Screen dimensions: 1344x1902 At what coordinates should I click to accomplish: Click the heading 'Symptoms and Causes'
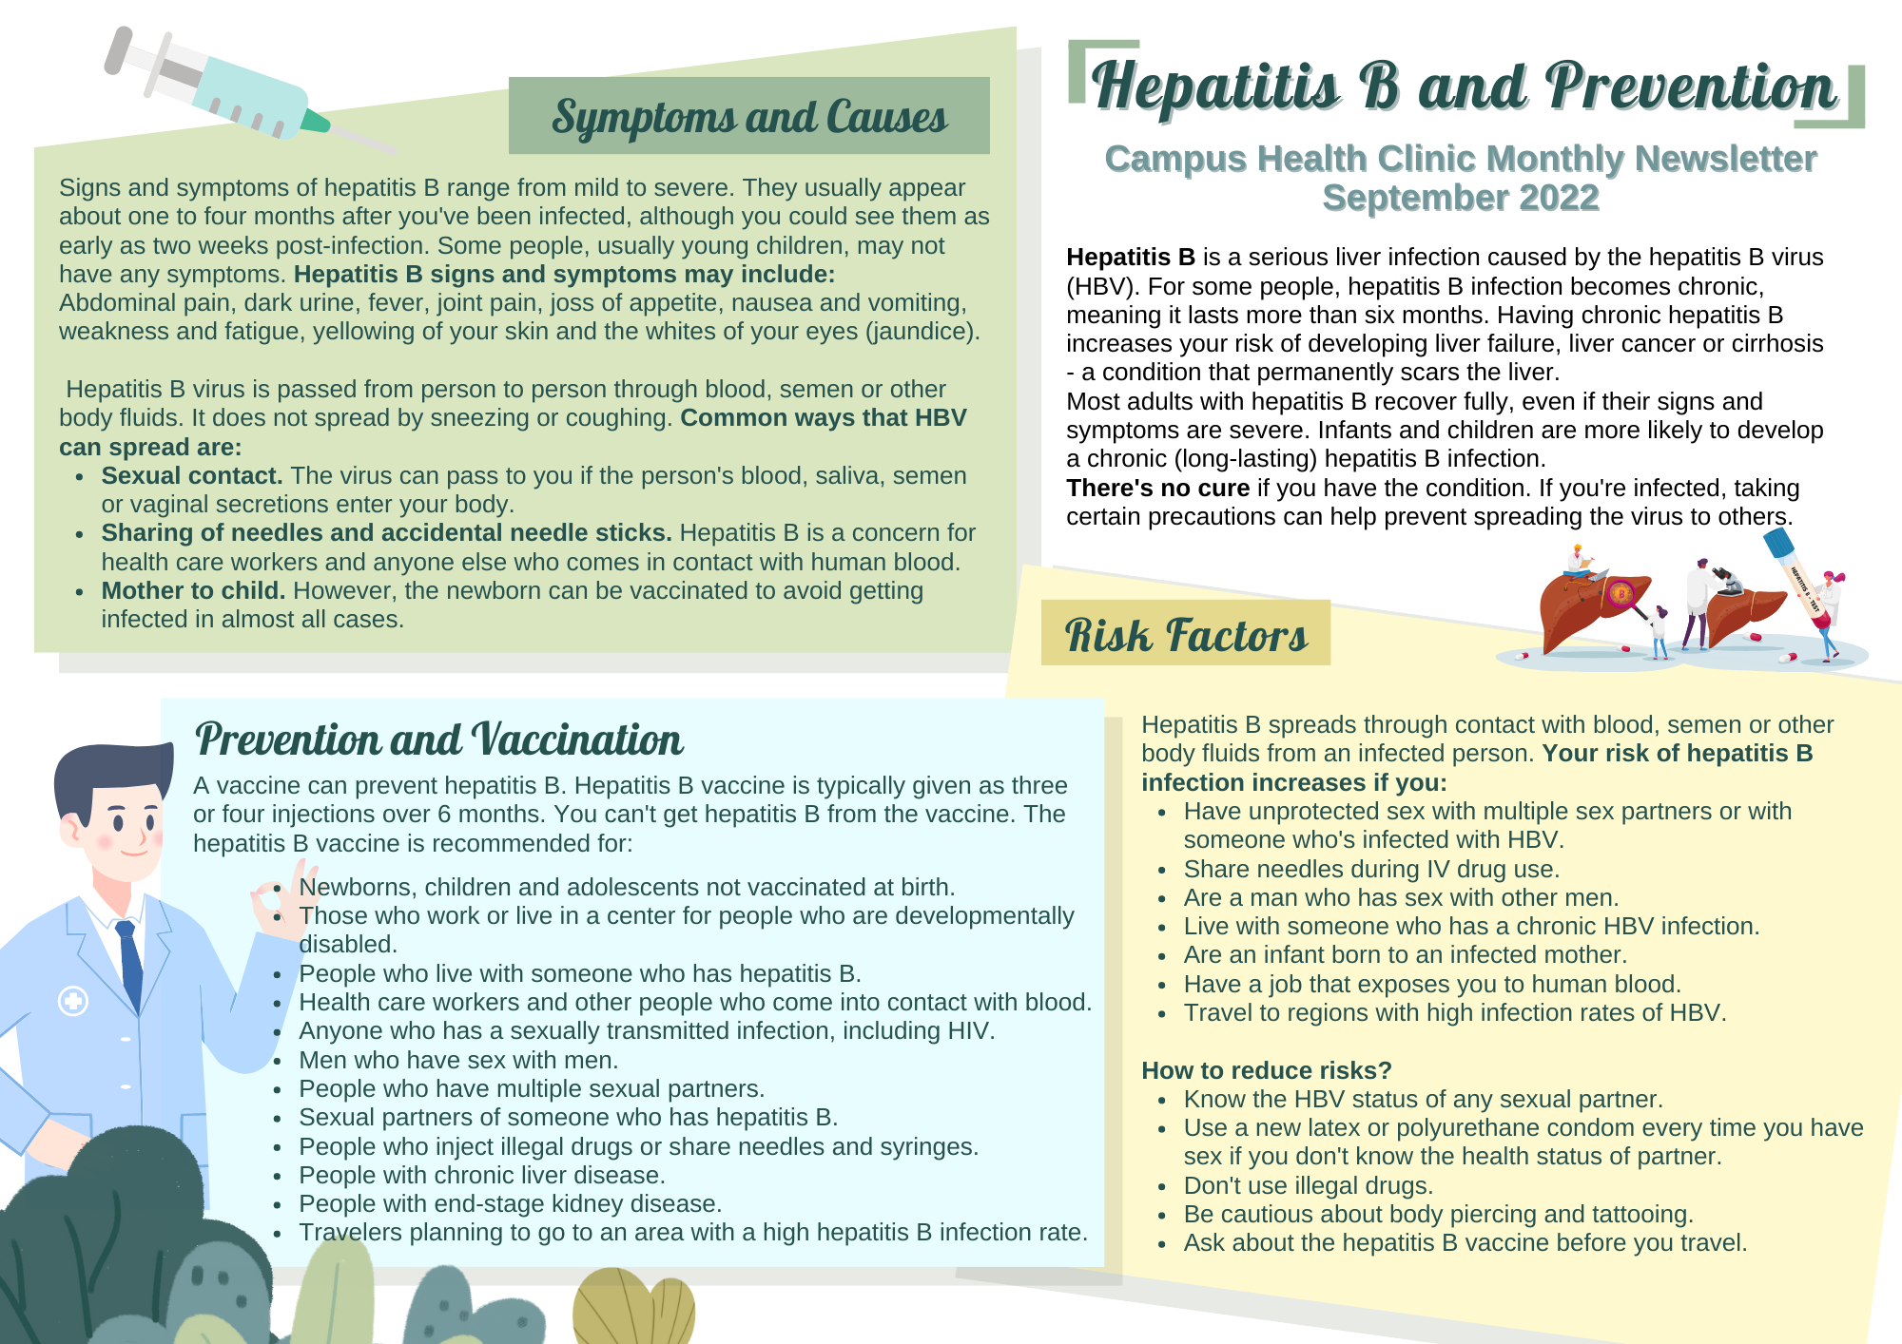pos(749,117)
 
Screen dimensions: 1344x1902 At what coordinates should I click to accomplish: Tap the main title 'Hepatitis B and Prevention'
pos(1464,86)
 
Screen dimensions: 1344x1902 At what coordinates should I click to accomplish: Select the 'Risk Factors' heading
pos(1186,634)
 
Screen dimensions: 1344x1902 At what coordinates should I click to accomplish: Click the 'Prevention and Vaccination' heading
pos(438,739)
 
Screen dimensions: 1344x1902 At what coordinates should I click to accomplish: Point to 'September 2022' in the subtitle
pos(1461,198)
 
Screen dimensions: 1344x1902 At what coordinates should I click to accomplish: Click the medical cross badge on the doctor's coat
pos(73,1001)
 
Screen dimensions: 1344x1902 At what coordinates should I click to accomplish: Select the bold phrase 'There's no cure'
pos(1157,489)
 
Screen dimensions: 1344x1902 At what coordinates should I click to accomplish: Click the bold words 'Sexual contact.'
pos(192,476)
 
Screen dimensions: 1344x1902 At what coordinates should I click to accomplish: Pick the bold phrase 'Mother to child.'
pos(193,591)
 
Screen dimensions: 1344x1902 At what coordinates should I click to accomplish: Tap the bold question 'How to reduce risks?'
pos(1266,1070)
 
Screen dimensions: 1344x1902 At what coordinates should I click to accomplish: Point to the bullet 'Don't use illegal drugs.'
pos(1308,1186)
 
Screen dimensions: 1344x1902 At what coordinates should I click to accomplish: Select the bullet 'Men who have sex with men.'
pos(458,1060)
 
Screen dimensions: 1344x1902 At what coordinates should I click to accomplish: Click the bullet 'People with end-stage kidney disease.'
pos(510,1204)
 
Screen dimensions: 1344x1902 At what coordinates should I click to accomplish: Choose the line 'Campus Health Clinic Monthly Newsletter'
pos(1461,159)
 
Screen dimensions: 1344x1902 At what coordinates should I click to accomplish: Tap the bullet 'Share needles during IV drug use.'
pos(1370,870)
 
